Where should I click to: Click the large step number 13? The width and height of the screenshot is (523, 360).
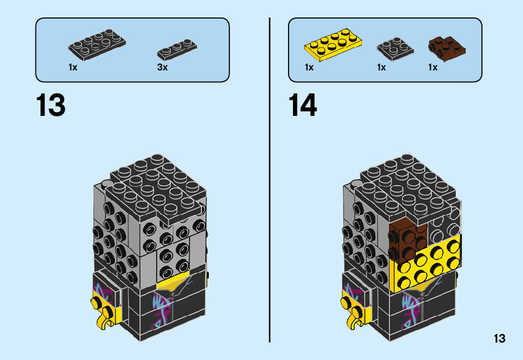pos(50,106)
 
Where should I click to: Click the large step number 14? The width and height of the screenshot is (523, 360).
pos(302,106)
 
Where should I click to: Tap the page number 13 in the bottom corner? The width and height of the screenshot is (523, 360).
pos(499,339)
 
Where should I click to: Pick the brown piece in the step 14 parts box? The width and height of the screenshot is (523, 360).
pos(446,47)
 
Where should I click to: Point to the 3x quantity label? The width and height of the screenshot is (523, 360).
pos(162,67)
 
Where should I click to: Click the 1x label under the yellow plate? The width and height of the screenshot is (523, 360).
pos(309,67)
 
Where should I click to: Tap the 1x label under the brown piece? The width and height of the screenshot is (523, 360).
pos(433,67)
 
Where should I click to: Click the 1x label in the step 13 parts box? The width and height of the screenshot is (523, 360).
pos(73,67)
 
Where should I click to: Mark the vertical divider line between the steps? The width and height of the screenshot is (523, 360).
pos(269,181)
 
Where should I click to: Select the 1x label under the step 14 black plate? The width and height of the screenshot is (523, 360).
pos(381,67)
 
